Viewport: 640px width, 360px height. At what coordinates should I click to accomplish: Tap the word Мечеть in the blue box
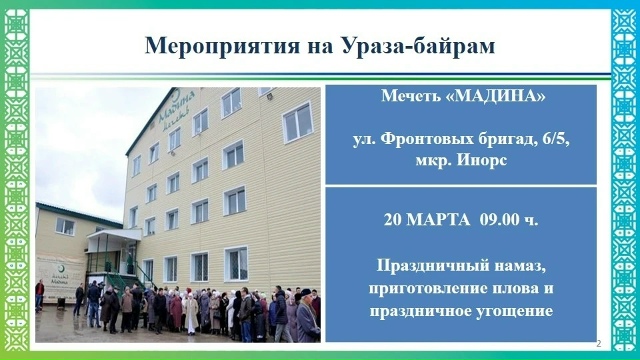pos(413,97)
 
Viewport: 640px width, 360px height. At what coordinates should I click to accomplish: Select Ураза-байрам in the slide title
pos(421,46)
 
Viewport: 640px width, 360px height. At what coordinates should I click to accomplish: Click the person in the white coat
pos(190,313)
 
